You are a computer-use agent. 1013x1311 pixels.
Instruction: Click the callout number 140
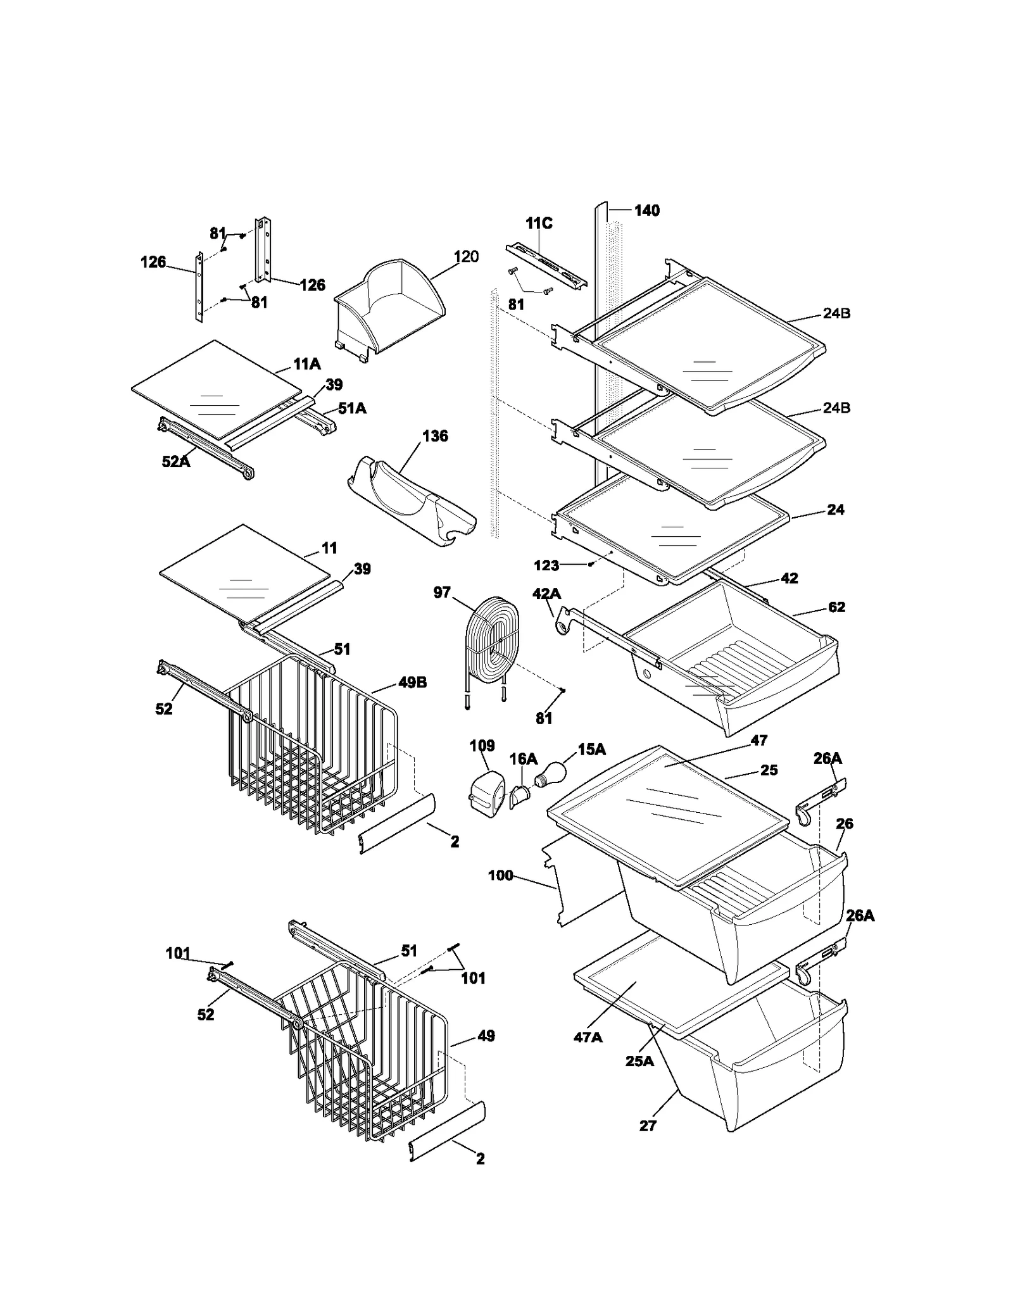646,211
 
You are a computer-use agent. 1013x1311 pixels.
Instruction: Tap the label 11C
539,223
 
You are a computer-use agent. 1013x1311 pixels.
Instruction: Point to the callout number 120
466,256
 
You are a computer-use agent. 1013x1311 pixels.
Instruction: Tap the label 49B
412,682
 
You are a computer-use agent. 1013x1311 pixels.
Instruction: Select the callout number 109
482,746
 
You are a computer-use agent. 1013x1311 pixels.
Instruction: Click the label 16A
524,758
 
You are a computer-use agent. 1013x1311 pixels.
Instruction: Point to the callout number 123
546,565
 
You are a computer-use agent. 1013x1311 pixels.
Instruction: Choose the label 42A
546,593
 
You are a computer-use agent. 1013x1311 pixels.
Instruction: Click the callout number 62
836,607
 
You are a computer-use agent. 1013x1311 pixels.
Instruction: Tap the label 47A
588,1037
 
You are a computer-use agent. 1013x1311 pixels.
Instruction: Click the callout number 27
648,1126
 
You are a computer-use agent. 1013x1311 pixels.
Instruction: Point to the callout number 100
500,875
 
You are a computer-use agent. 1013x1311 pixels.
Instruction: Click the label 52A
175,462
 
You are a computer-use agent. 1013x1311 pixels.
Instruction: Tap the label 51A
352,408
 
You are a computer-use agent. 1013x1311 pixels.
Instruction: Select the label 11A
306,364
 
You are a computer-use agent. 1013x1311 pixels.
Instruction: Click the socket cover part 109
486,791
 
